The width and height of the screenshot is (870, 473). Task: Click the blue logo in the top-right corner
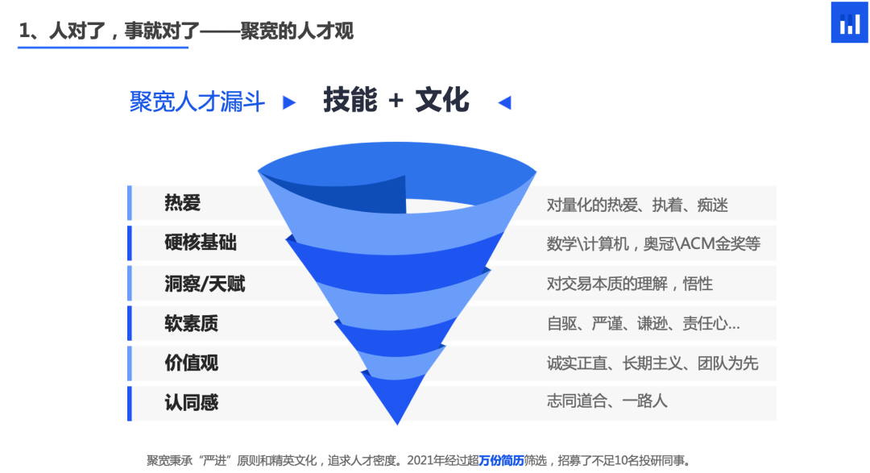point(849,23)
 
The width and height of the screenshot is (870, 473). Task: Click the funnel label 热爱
point(182,203)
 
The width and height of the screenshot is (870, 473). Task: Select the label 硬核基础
point(201,243)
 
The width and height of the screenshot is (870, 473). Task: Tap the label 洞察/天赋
point(205,283)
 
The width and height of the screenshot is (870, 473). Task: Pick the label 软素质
point(191,323)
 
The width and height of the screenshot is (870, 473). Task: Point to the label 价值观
point(191,363)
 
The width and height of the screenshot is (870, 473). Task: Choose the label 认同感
point(191,402)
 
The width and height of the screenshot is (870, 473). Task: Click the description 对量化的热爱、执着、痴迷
point(637,205)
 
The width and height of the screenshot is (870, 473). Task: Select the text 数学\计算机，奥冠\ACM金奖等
point(653,243)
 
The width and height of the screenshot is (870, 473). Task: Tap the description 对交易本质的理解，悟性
point(629,284)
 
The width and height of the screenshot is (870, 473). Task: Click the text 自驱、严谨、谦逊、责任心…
point(643,323)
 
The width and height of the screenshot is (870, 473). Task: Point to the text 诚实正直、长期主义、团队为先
point(652,363)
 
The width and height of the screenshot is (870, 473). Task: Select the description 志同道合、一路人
point(607,400)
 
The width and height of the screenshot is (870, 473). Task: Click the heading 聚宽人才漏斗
point(197,102)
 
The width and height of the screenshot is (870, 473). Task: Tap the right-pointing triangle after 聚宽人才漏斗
point(289,103)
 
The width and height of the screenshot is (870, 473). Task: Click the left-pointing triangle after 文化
point(505,102)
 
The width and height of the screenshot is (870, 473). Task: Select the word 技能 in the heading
point(350,101)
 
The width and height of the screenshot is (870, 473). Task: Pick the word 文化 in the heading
point(442,101)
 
